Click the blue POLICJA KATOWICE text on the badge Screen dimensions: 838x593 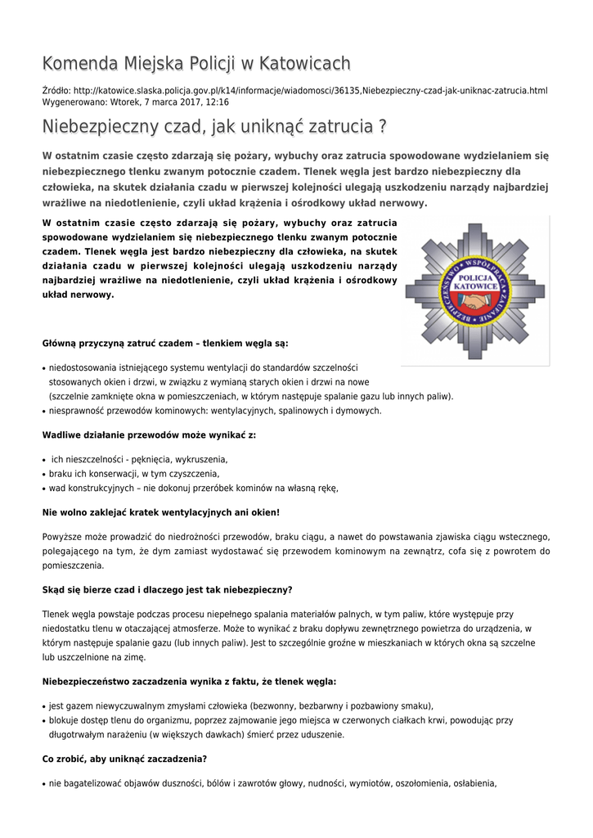(476, 282)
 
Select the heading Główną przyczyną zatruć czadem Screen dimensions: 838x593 (165, 343)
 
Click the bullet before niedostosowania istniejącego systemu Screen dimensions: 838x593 (43, 369)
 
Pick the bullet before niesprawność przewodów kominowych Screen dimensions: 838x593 (43, 412)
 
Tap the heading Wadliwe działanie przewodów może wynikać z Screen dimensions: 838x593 (149, 435)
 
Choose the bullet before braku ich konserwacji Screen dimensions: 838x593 (43, 474)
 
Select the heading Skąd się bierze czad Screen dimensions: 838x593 (167, 589)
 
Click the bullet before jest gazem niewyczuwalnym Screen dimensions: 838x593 (43, 706)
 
